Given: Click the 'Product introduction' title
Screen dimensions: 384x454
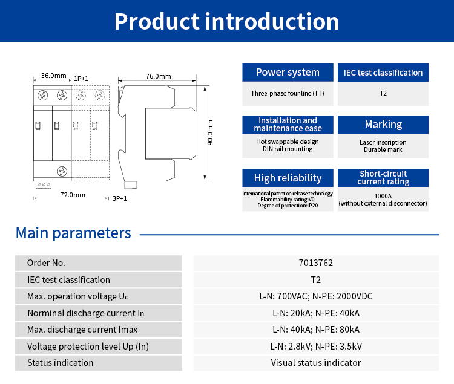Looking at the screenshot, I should (226, 22).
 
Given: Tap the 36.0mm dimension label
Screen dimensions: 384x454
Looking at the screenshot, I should (53, 76).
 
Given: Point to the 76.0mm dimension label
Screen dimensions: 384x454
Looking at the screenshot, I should (159, 77).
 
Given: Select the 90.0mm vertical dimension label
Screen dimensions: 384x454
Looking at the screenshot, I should (210, 134).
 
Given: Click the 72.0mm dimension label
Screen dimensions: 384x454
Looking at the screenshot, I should (73, 195).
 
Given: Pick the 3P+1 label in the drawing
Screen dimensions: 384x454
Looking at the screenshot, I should (120, 198).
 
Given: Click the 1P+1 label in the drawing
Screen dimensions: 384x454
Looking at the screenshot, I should (81, 79).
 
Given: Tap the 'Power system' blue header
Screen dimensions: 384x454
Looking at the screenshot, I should (288, 73).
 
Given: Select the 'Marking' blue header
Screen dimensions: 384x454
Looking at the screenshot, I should (383, 124).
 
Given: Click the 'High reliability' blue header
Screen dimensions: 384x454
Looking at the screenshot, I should (288, 178).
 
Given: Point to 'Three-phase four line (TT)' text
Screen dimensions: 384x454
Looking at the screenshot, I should (288, 94).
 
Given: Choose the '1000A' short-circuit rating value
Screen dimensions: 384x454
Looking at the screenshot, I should (383, 196).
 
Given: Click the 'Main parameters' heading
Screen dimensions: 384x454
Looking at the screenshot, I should (73, 233).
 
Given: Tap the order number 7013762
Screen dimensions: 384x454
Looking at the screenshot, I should (316, 263).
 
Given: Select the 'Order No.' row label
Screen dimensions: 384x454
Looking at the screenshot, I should (46, 263).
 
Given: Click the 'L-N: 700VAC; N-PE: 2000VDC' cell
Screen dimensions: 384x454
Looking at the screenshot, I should (316, 296).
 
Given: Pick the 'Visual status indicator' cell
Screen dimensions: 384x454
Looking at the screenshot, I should (316, 363).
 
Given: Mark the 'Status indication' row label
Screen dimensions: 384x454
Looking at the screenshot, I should (61, 363).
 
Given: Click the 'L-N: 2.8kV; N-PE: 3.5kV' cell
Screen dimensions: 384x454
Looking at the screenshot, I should (316, 347).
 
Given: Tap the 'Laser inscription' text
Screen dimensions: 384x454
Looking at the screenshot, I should (383, 142).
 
